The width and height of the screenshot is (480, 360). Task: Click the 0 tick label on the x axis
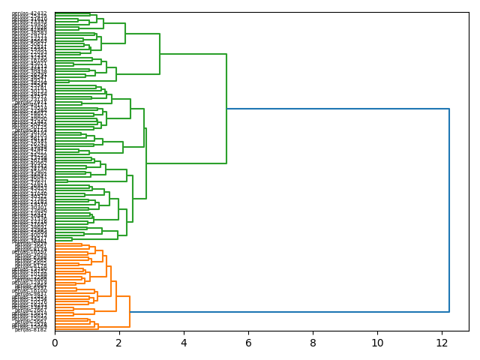pos(55,342)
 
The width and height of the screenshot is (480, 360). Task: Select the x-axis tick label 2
pos(119,342)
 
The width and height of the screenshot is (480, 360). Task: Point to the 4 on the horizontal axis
pos(184,342)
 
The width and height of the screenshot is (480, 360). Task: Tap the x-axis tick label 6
pos(248,342)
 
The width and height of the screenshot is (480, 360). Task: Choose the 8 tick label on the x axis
pos(313,342)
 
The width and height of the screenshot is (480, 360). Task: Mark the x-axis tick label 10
pos(377,342)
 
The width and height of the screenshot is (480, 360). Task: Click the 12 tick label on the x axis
pos(442,342)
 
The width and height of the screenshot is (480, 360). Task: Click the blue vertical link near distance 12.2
pos(449,210)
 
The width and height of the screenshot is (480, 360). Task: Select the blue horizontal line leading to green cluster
pos(337,109)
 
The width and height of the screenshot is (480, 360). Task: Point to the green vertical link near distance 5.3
pos(226,109)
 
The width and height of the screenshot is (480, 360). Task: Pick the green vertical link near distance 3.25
pos(160,54)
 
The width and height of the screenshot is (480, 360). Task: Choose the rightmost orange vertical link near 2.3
pos(130,311)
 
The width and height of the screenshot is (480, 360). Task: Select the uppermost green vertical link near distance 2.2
pos(125,33)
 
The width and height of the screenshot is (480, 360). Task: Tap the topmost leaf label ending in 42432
pos(30,13)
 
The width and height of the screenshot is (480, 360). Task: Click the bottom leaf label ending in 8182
pos(31,329)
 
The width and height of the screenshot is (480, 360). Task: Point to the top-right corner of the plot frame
pos(469,12)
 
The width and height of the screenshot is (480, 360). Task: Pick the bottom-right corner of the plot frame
pos(469,331)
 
